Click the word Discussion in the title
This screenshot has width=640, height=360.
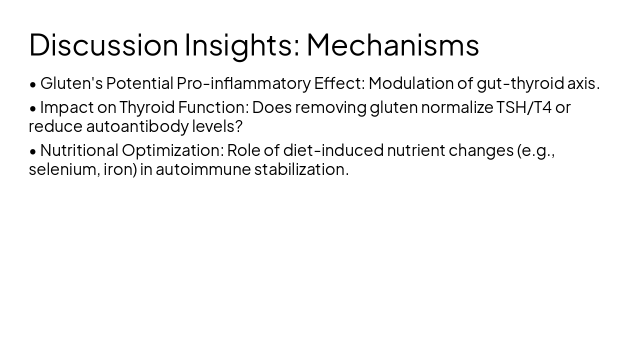point(103,45)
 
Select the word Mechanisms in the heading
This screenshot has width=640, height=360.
point(392,45)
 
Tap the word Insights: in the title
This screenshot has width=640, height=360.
point(242,45)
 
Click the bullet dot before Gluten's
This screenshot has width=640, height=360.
point(33,84)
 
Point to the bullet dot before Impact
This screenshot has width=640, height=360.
point(33,108)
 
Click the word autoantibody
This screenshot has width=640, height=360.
point(137,126)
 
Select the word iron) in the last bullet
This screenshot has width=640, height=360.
point(120,169)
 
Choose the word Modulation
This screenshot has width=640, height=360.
point(411,83)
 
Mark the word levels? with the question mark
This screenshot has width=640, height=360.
point(217,126)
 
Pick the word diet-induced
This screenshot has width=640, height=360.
point(333,150)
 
